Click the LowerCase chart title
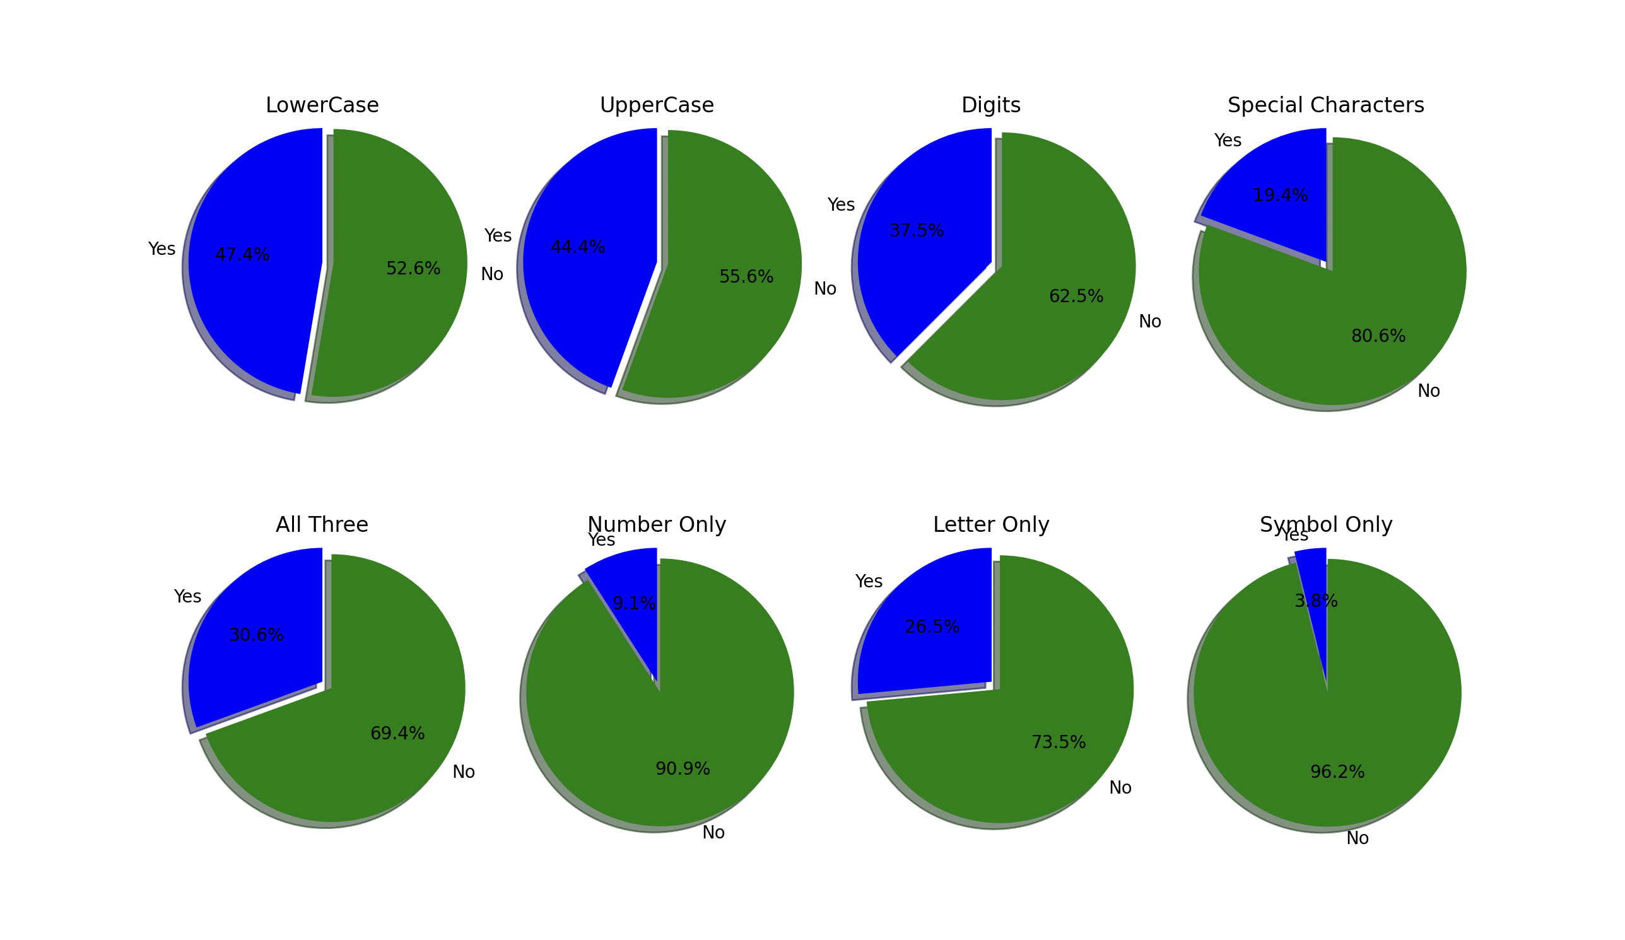click(x=322, y=105)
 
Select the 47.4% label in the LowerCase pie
click(x=242, y=255)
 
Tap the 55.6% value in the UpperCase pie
click(x=746, y=276)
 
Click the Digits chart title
click(x=991, y=105)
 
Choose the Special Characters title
click(x=1326, y=105)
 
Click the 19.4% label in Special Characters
click(x=1280, y=196)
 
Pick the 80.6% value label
click(x=1378, y=336)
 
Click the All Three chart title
click(x=322, y=525)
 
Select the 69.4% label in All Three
click(x=397, y=734)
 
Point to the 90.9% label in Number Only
click(x=683, y=769)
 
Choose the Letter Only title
click(x=991, y=525)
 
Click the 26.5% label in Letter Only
click(x=932, y=627)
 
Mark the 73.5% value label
click(x=1058, y=743)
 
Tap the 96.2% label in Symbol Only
click(x=1337, y=772)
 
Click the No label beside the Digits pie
click(x=1150, y=322)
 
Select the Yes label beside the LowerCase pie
click(x=162, y=249)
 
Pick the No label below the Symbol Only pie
click(x=1358, y=839)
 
